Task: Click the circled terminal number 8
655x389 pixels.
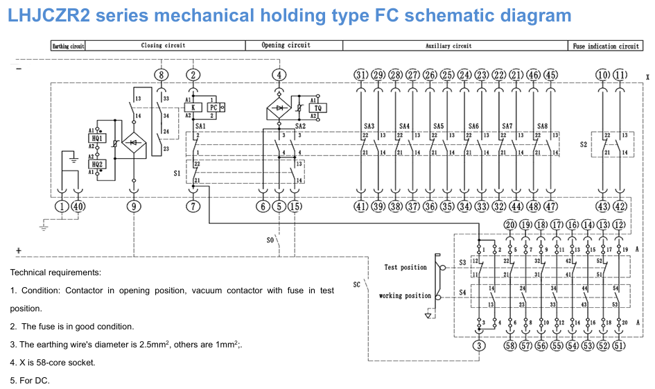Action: click(161, 75)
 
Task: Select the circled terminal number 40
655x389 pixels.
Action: click(78, 206)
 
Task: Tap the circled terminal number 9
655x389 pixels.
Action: click(134, 206)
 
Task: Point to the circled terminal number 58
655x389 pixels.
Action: click(510, 345)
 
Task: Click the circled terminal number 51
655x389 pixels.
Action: click(619, 345)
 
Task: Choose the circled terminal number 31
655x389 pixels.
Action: click(360, 75)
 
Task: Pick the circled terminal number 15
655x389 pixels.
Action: click(295, 206)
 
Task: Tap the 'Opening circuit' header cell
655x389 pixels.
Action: click(286, 46)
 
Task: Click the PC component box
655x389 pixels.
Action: click(213, 107)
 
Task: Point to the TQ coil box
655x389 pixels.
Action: click(319, 107)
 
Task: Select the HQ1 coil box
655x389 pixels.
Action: click(98, 139)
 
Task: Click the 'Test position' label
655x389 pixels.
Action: click(405, 267)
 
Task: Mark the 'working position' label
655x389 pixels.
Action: click(405, 296)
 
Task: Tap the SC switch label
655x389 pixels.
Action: click(356, 284)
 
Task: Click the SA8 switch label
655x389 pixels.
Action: click(542, 126)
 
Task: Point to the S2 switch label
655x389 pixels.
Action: click(584, 146)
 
